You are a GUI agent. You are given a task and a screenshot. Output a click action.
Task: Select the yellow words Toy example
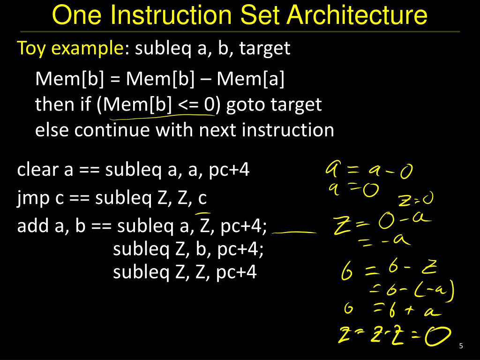click(70, 48)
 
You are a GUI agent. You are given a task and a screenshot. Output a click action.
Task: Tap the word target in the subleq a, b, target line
click(265, 48)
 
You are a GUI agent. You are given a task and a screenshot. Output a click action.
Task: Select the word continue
click(112, 129)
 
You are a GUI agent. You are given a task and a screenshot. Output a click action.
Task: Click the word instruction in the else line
click(288, 129)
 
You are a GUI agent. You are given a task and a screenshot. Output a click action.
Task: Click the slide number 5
click(461, 346)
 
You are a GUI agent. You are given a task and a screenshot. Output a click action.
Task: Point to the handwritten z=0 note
click(415, 200)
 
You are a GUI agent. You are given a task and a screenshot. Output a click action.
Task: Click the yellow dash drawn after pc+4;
click(293, 232)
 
